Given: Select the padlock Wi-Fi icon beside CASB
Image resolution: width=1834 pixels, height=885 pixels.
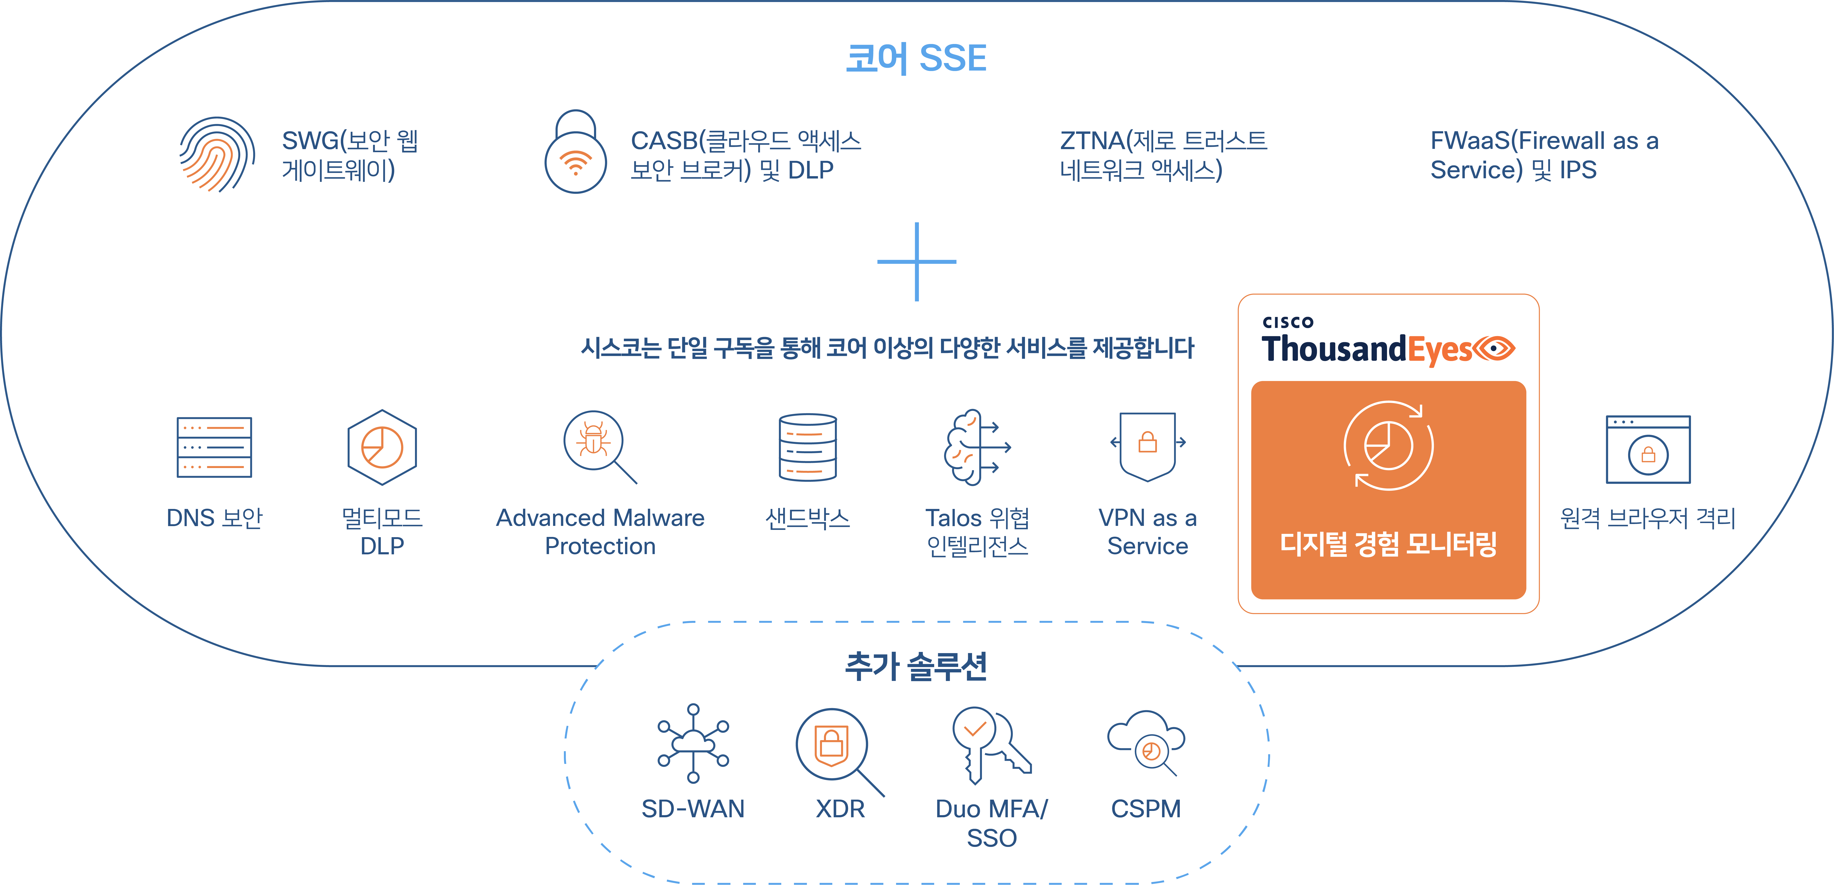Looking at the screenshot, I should [575, 152].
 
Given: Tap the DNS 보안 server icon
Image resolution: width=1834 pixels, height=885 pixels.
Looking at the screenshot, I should [214, 447].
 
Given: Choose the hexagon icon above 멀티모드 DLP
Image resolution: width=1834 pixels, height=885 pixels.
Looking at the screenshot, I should [382, 447].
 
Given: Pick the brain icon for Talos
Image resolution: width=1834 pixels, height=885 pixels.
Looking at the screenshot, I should [975, 447].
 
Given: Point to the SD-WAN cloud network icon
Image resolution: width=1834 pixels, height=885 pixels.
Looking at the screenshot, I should [693, 743].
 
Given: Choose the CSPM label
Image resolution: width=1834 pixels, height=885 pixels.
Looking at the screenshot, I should [1145, 809].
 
